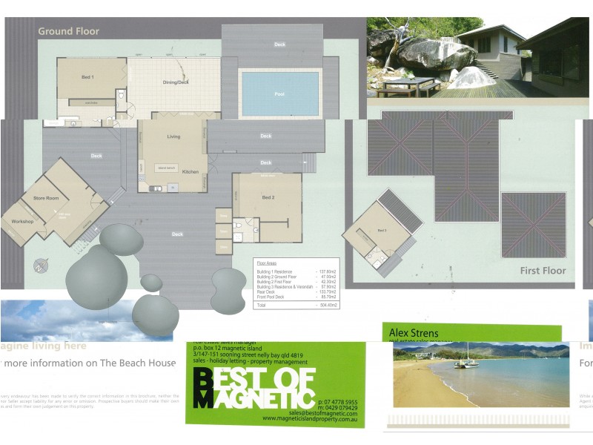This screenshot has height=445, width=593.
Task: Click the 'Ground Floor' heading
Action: pos(68,31)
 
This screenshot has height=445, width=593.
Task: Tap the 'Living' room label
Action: pos(173,137)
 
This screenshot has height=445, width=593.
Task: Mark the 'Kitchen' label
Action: pos(191,171)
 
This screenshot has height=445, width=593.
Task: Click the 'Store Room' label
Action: pos(45,199)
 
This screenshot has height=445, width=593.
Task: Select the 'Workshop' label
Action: pos(22,222)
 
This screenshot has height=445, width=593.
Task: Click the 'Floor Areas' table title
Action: pos(266,263)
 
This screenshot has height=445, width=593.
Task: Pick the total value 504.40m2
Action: pos(326,305)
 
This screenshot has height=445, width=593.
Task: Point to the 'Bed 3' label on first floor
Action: pos(382,231)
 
